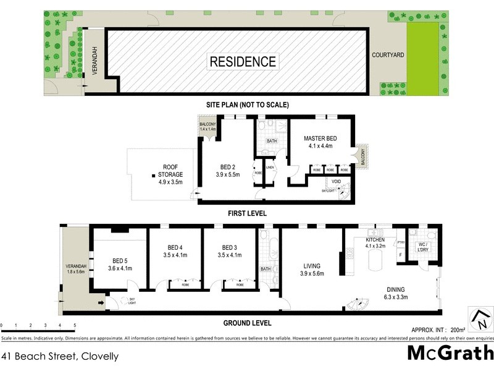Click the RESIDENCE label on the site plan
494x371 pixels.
243,62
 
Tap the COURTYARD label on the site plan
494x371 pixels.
388,55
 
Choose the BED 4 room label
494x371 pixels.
174,247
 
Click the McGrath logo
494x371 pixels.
450,352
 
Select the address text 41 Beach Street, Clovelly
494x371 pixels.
60,356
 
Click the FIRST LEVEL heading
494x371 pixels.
246,213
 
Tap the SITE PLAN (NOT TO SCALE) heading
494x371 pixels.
248,105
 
